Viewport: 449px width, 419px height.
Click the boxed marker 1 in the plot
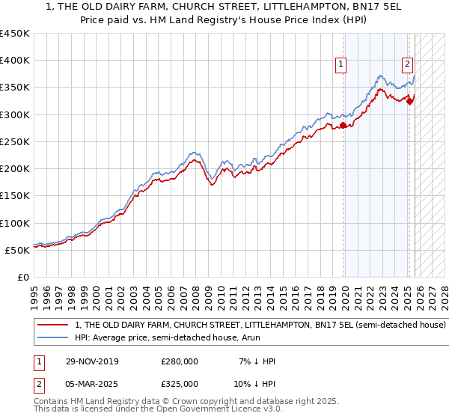coord(340,65)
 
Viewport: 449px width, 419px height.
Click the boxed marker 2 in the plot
coord(408,65)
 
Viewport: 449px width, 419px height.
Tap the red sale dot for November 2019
coord(343,126)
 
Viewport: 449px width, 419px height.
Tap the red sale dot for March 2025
coord(409,102)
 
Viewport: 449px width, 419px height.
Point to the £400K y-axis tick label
coord(15,61)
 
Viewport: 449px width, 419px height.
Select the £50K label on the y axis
coord(17,250)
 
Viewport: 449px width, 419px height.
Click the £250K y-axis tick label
coord(15,141)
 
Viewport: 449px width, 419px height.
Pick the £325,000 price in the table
coord(180,383)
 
